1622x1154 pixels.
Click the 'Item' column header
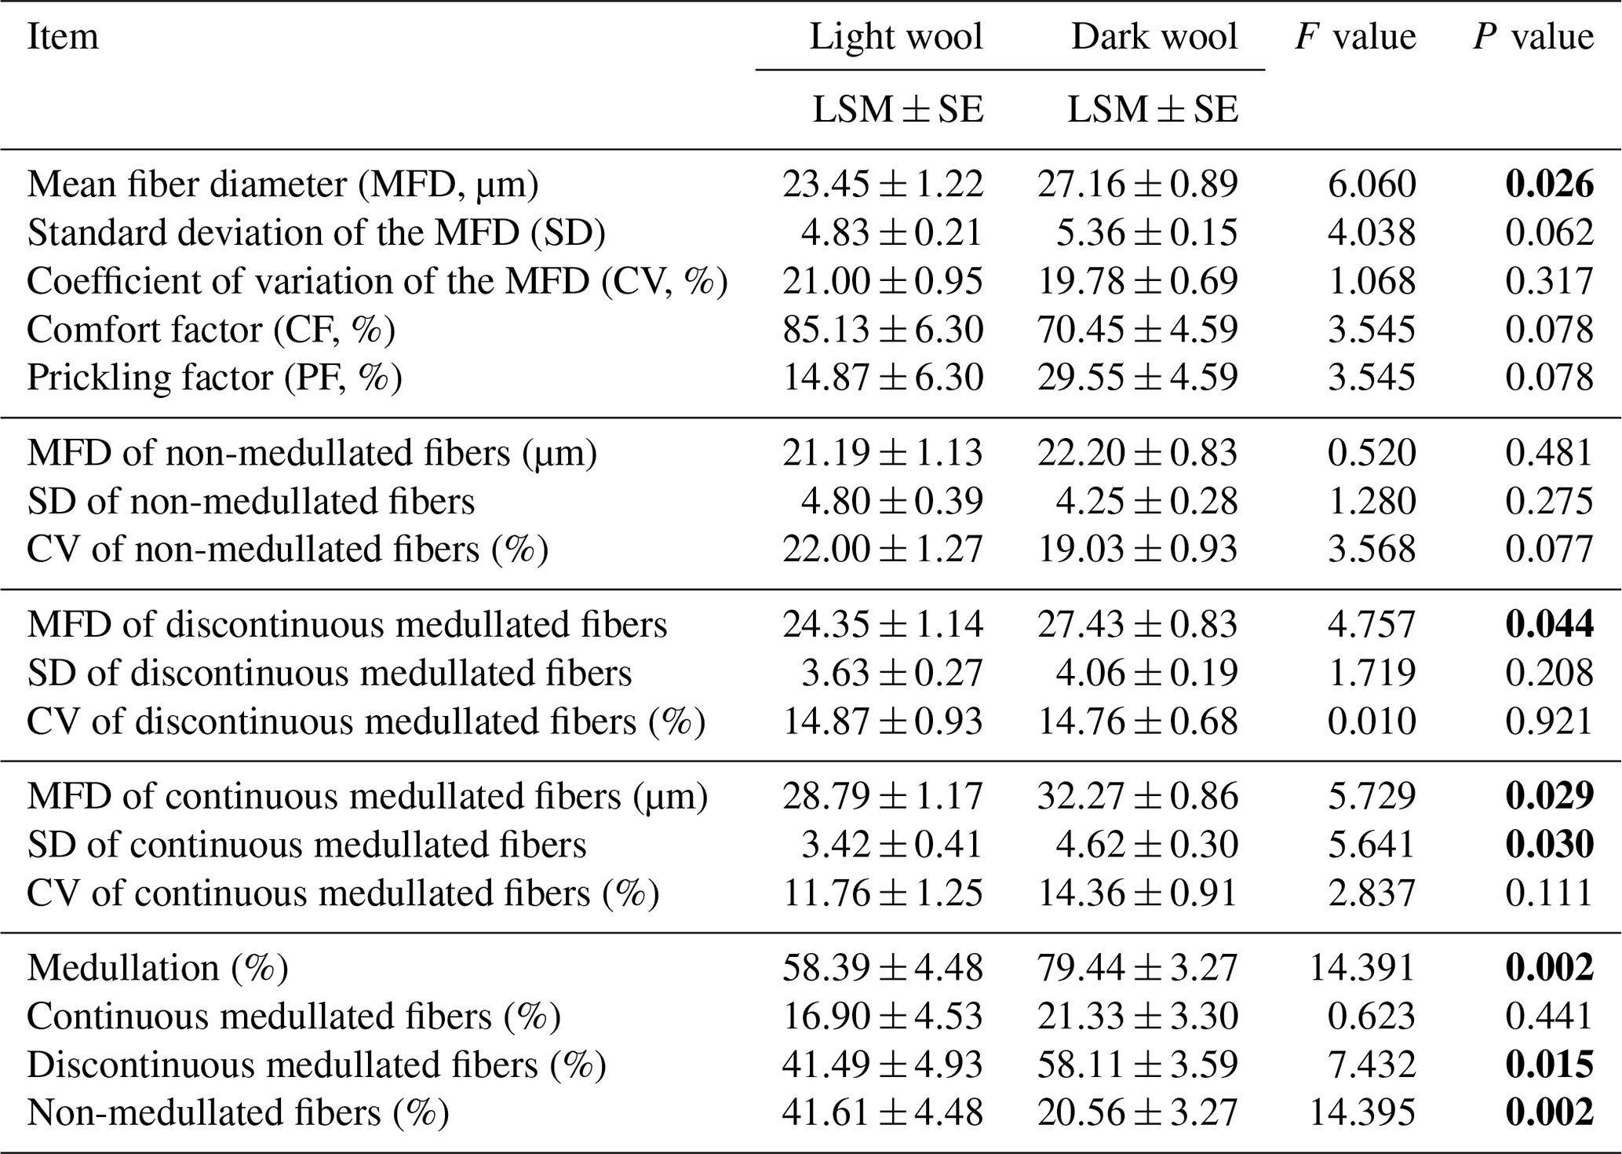point(63,37)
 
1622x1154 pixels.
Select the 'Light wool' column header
point(896,37)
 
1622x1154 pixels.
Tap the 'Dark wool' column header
point(1154,37)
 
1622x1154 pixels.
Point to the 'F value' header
point(1355,37)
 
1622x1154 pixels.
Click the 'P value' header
point(1533,37)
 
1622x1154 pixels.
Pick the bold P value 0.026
point(1549,184)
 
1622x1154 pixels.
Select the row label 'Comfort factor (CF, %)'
point(211,330)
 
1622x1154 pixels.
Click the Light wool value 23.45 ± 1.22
point(883,184)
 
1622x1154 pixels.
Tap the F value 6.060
point(1372,184)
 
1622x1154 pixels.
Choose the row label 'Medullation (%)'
point(158,968)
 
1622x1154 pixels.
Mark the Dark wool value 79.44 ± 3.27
point(1138,968)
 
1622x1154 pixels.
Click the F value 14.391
point(1362,968)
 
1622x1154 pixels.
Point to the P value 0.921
point(1549,721)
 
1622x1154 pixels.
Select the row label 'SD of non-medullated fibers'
point(251,502)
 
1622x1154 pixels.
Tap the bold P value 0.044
point(1549,625)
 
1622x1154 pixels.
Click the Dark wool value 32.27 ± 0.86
point(1138,797)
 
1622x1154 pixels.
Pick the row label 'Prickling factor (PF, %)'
point(214,378)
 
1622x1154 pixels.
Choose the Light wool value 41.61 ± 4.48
point(883,1112)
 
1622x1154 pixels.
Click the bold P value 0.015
point(1549,1065)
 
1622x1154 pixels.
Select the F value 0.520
point(1372,453)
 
